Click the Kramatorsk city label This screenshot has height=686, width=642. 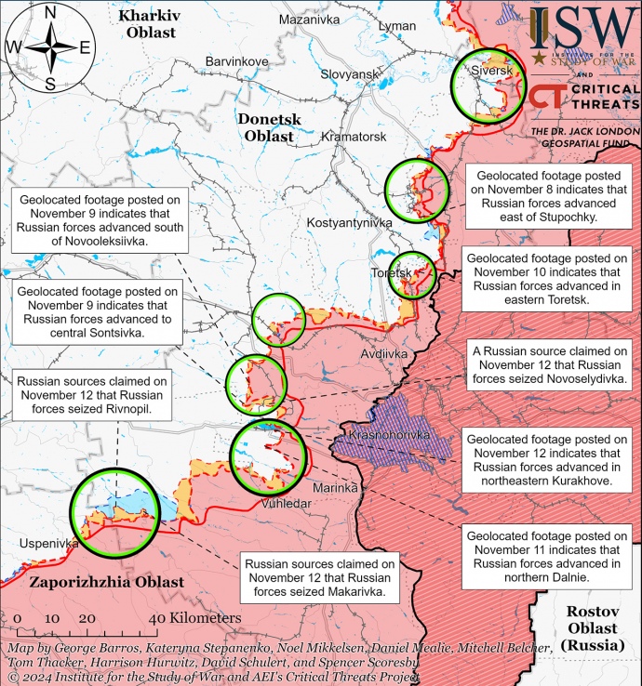click(353, 137)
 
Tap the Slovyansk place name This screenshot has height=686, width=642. click(348, 73)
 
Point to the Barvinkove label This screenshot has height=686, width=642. click(236, 61)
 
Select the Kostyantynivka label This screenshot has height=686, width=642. click(349, 223)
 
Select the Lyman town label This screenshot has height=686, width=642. click(397, 26)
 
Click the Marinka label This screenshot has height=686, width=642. click(335, 487)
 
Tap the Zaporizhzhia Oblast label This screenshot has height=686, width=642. click(106, 583)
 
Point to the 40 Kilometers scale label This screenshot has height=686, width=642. click(194, 618)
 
